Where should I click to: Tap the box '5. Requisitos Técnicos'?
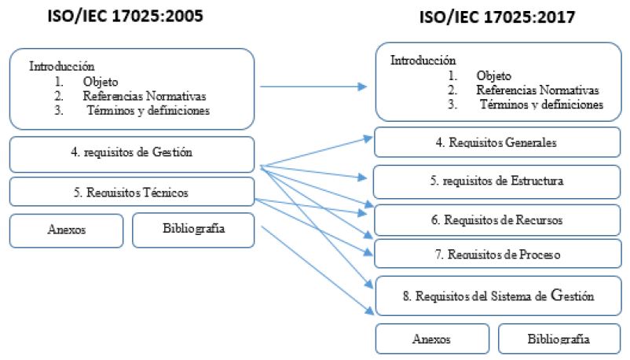pos(131,191)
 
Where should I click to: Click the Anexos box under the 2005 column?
pos(66,230)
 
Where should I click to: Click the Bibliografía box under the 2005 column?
pos(194,229)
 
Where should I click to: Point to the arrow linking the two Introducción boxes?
pos(314,88)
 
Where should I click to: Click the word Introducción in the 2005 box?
pos(62,66)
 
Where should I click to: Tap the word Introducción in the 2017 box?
pos(423,60)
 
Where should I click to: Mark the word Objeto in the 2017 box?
pos(493,76)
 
